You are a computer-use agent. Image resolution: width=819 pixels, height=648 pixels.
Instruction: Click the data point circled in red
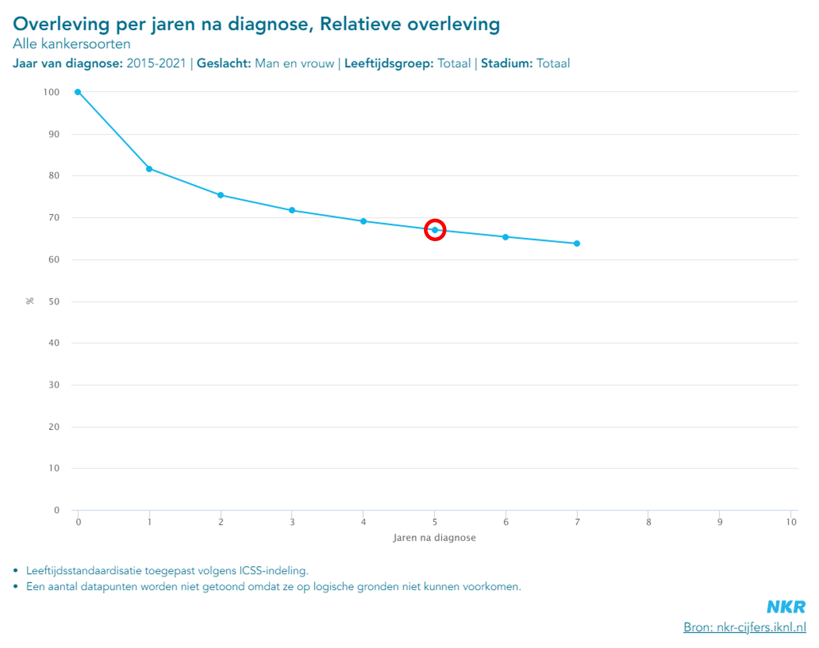pos(435,230)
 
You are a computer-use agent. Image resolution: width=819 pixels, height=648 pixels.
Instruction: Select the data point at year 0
pos(78,92)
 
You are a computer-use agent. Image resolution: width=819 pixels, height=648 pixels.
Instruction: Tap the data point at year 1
pos(149,169)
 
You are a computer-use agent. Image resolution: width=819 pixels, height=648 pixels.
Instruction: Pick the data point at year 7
pos(577,243)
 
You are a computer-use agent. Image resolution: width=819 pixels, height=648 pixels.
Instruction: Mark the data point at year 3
pos(292,210)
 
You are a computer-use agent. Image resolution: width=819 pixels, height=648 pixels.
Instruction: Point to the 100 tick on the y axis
pos(51,92)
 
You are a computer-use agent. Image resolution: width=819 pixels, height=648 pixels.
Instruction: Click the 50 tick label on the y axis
pos(54,302)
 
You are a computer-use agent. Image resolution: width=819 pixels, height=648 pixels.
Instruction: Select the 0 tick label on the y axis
pos(57,510)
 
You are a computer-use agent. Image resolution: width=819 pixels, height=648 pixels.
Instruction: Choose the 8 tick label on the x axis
pos(648,522)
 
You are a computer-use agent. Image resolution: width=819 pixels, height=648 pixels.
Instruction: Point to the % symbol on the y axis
pos(30,301)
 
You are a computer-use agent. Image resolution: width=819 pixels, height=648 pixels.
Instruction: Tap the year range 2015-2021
pos(156,63)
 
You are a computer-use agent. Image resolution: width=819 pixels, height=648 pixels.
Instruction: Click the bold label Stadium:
pos(506,63)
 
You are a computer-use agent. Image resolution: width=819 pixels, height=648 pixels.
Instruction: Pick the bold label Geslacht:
pos(224,63)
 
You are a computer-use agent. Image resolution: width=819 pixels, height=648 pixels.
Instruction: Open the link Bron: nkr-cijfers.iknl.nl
pos(745,627)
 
